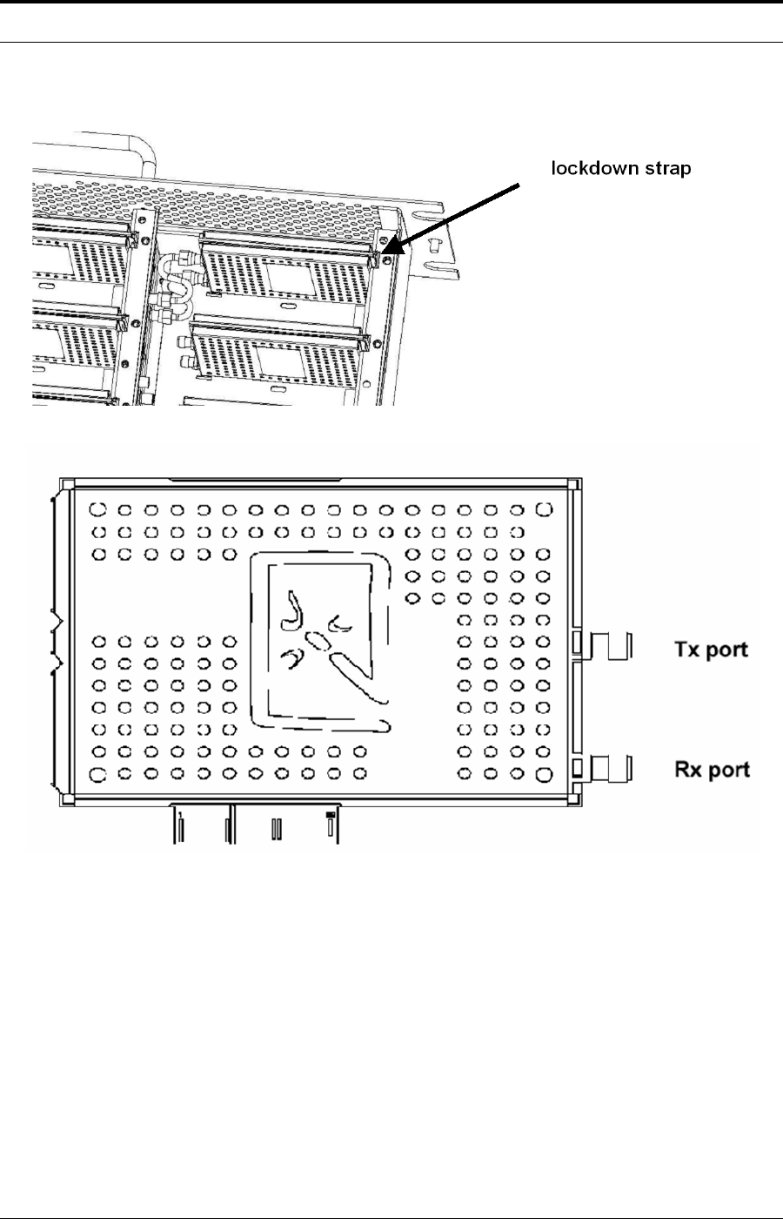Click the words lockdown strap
click(x=621, y=169)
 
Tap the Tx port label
click(x=712, y=650)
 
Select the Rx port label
click(x=712, y=770)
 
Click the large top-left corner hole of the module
click(x=99, y=508)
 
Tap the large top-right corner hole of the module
click(x=545, y=508)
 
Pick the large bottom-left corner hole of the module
click(x=99, y=773)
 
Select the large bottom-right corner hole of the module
click(x=545, y=773)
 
